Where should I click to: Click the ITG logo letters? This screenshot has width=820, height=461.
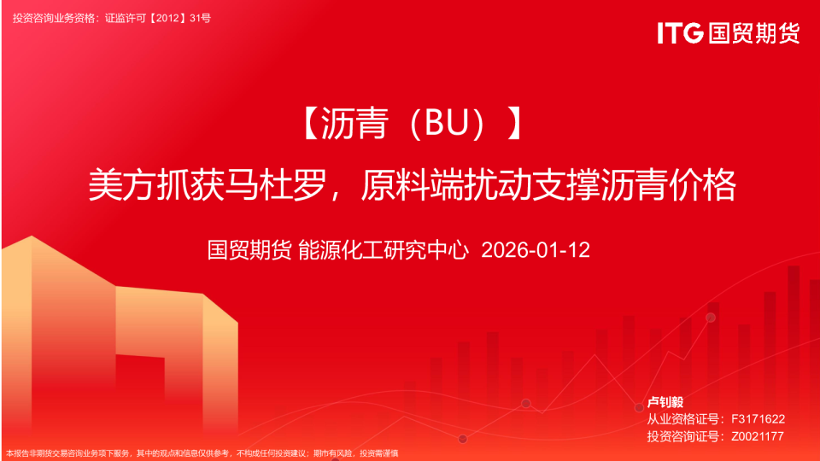pyautogui.click(x=680, y=33)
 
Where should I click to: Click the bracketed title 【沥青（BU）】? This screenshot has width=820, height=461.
pyautogui.click(x=411, y=125)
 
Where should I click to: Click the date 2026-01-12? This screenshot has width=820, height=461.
pyautogui.click(x=536, y=250)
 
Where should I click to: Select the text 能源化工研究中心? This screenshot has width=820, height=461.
pyautogui.click(x=384, y=250)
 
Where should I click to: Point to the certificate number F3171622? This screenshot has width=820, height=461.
pyautogui.click(x=758, y=419)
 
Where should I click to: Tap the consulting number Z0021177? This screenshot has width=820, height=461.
pyautogui.click(x=758, y=436)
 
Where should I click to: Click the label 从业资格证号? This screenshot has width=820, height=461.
pyautogui.click(x=682, y=419)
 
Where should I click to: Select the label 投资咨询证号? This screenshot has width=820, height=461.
pyautogui.click(x=682, y=436)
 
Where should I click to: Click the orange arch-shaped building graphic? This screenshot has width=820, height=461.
pyautogui.click(x=120, y=341)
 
